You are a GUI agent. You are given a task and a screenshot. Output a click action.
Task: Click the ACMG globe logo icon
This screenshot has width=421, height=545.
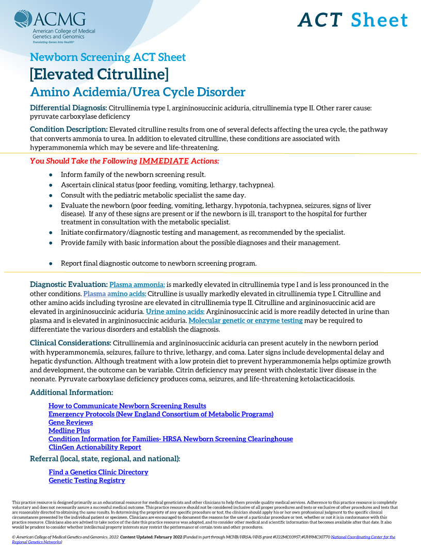[23, 20]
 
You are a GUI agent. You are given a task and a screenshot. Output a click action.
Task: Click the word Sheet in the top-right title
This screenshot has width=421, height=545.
[379, 20]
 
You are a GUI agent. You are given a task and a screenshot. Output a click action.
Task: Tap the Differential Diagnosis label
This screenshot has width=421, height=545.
[68, 108]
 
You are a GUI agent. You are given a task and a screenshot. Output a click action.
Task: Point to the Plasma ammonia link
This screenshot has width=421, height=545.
[137, 285]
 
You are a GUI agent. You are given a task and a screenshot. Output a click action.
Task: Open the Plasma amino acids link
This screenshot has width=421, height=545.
[115, 294]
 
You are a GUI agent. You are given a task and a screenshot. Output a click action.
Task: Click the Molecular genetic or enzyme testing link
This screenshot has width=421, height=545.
[245, 320]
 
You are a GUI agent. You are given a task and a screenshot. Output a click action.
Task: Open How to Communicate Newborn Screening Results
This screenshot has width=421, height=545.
[127, 406]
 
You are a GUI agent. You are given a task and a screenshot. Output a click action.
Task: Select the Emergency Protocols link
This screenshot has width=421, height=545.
[160, 414]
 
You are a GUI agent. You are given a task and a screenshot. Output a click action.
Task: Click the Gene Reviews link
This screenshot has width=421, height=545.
[71, 423]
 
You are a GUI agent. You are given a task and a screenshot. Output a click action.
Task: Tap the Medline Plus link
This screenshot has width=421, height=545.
[69, 431]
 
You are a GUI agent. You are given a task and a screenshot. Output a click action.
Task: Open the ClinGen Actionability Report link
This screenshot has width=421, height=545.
[94, 447]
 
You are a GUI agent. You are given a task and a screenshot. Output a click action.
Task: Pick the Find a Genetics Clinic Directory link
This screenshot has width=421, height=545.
[98, 472]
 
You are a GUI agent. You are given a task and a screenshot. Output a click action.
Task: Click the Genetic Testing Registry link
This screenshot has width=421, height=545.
[87, 480]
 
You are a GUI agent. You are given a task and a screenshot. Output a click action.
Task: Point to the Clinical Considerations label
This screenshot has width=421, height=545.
[70, 343]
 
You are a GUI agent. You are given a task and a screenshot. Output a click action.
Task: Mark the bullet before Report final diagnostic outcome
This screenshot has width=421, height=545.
[51, 263]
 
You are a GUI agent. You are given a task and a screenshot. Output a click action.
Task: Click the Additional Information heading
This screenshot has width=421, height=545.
[71, 393]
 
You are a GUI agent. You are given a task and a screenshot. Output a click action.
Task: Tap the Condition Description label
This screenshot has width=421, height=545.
[69, 130]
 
